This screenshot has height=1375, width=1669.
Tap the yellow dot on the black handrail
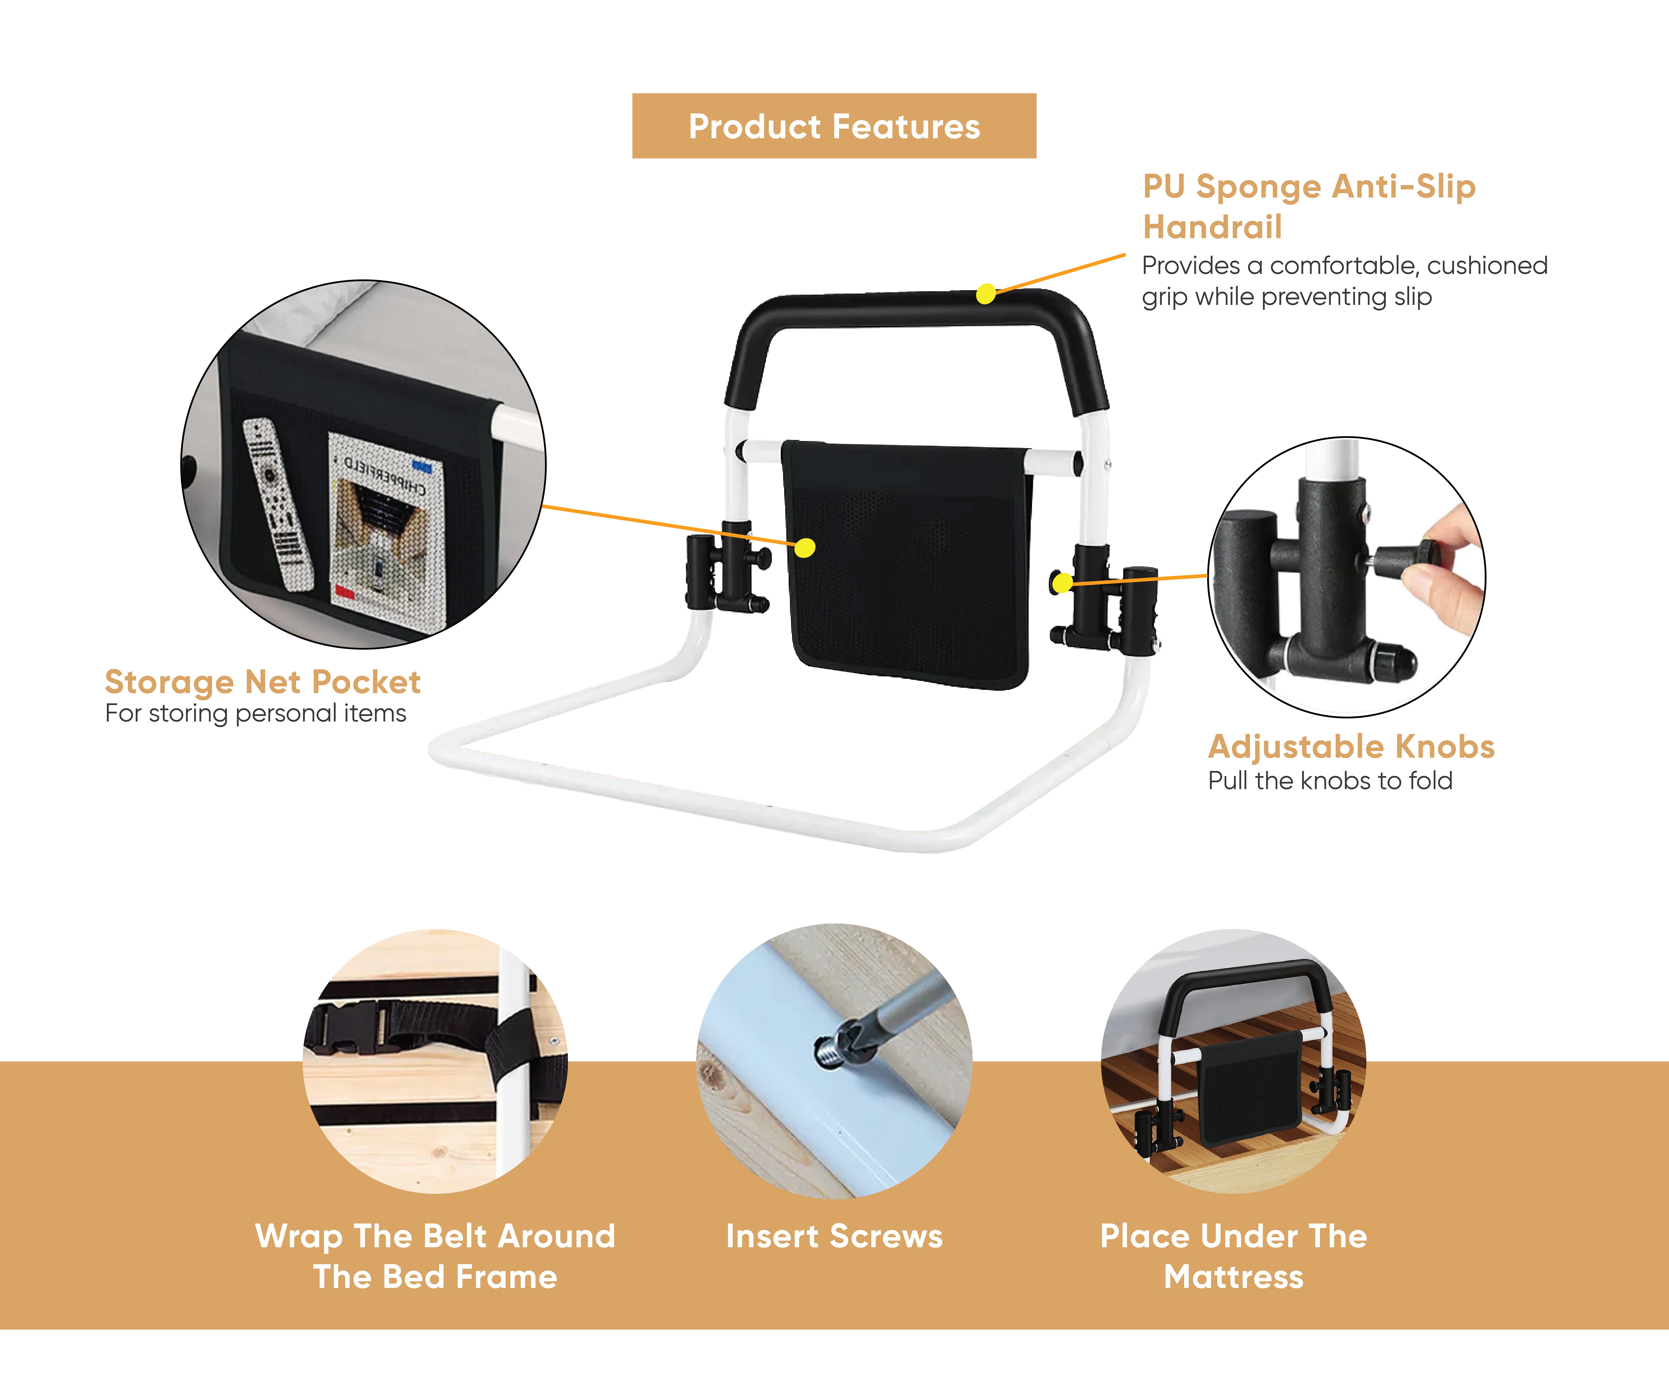(985, 294)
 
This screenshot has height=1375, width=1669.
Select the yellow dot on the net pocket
(805, 547)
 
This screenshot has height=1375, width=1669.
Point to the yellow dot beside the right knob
(1062, 583)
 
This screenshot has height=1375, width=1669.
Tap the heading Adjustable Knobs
(1351, 746)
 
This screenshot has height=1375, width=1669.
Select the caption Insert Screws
(834, 1236)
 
